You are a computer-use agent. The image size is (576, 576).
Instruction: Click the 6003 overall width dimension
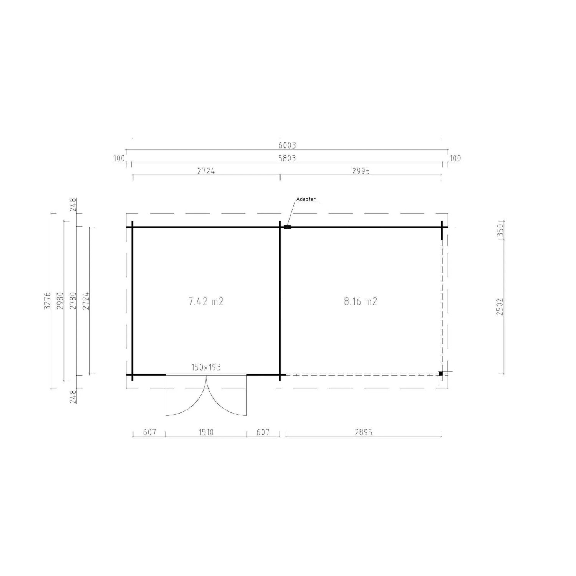(287, 146)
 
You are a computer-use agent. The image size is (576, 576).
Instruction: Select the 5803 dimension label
(287, 158)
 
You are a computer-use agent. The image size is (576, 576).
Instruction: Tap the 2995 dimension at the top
(361, 171)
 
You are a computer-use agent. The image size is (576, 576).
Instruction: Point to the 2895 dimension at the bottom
(363, 432)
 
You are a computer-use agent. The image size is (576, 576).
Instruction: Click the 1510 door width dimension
(206, 432)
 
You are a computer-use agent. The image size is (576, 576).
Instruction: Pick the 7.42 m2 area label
(206, 301)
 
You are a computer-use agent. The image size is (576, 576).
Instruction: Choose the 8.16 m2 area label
(361, 301)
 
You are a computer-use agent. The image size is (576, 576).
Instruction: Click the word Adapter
(306, 199)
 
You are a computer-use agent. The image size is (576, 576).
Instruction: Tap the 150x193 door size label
(206, 367)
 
